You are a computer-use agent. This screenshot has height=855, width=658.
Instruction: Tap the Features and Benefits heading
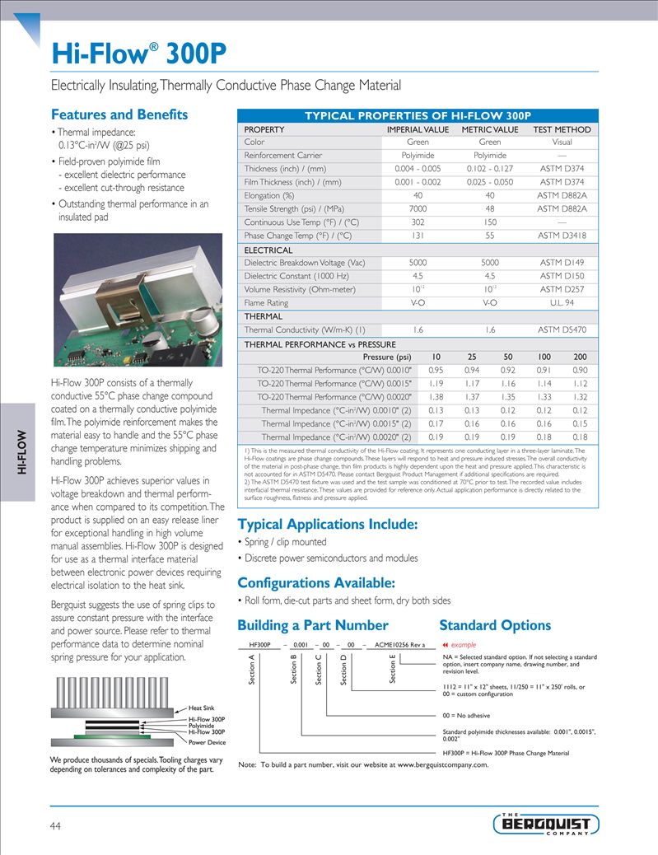click(x=119, y=114)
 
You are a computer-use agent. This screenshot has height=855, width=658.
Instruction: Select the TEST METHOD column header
click(x=562, y=129)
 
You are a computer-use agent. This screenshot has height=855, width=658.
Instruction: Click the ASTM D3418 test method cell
click(x=562, y=235)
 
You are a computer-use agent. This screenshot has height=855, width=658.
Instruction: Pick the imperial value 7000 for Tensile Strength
click(x=418, y=208)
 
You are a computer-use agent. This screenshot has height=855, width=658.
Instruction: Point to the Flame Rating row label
click(x=266, y=302)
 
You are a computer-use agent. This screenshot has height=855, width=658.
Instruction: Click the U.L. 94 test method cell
click(x=562, y=302)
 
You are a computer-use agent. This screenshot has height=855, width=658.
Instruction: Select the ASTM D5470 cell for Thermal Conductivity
click(x=562, y=329)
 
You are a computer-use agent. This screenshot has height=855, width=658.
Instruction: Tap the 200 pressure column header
click(x=580, y=357)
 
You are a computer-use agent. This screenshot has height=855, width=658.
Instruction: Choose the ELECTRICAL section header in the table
click(x=268, y=250)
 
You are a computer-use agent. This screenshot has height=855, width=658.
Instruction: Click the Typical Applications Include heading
click(x=327, y=524)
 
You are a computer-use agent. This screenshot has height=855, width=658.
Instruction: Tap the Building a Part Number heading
click(x=312, y=625)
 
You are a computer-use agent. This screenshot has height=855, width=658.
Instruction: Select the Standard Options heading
click(x=495, y=625)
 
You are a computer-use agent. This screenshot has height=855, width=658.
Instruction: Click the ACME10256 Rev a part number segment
click(x=399, y=645)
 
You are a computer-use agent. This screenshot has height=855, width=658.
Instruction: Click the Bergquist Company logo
click(x=546, y=823)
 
